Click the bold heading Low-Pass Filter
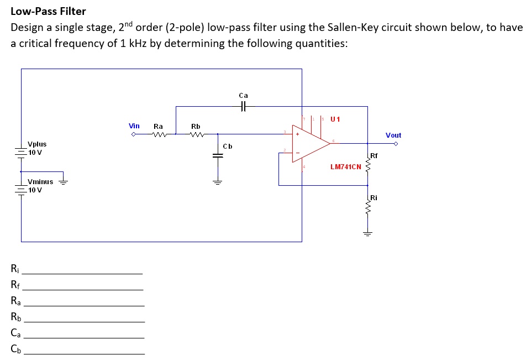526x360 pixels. point(49,11)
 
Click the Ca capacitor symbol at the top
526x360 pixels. point(243,107)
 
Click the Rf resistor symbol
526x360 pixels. point(367,161)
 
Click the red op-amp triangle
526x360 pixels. point(309,143)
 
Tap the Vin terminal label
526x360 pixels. point(134,126)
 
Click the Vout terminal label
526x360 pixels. point(393,135)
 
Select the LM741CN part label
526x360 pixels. point(345,166)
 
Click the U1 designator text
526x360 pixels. point(335,119)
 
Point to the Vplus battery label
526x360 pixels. point(37,144)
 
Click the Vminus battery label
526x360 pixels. point(40,181)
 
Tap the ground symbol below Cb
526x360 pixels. point(217,182)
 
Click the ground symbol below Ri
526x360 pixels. point(367,233)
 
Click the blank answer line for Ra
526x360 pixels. point(83,305)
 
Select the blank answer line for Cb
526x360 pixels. point(83,353)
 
